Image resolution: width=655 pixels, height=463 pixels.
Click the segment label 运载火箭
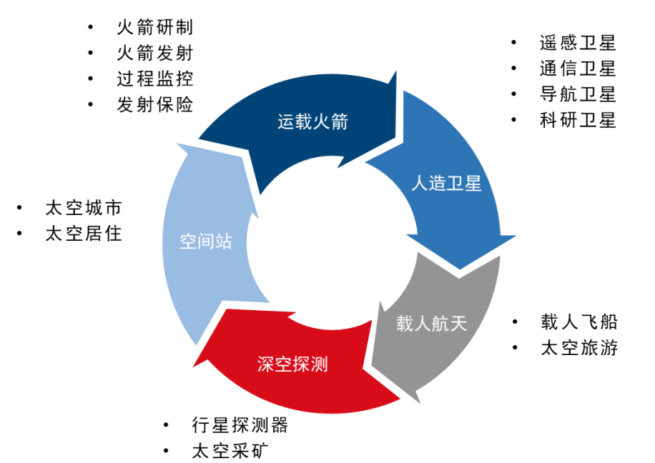click(312, 121)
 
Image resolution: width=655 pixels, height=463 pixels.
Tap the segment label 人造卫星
click(446, 183)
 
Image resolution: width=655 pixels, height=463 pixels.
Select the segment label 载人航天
click(432, 324)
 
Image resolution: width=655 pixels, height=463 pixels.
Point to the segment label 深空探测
click(292, 364)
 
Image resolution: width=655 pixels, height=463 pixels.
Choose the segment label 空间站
click(206, 242)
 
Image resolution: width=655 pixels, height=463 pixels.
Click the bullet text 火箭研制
click(155, 27)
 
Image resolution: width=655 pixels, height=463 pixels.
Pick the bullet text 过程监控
click(155, 79)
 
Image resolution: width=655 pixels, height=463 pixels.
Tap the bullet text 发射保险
click(155, 104)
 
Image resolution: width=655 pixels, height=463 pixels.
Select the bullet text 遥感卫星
click(578, 43)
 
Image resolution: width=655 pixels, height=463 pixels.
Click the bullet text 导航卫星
click(578, 94)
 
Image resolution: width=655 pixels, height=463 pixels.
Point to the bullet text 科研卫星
click(578, 120)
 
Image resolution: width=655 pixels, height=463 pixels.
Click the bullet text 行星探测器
click(240, 425)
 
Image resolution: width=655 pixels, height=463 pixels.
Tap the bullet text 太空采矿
click(231, 451)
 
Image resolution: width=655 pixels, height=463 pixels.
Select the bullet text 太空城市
click(84, 208)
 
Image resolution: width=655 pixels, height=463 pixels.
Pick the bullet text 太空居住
click(84, 234)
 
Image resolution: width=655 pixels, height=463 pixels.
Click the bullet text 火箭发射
click(155, 53)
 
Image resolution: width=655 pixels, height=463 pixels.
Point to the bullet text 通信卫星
click(578, 69)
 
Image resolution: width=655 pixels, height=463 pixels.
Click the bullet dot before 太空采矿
click(166, 451)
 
